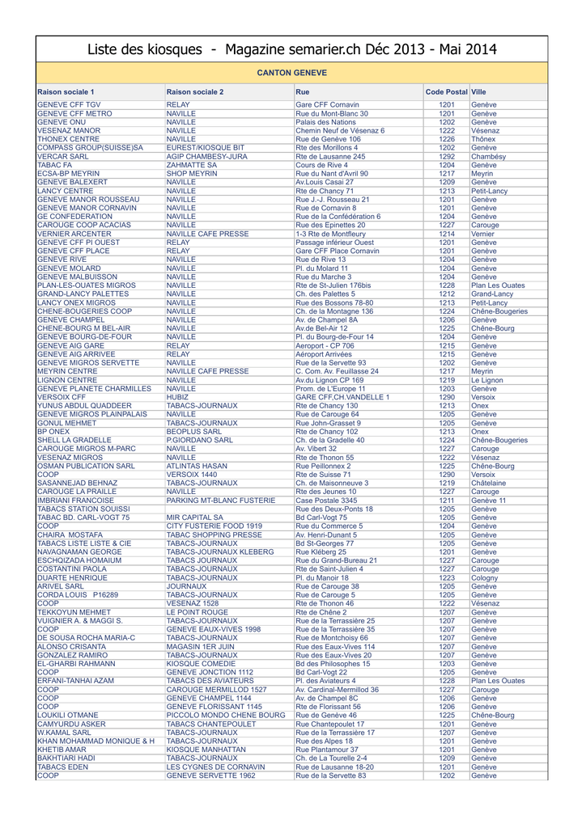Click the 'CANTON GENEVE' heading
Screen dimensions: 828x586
tap(292, 73)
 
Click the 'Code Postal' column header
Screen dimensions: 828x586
tap(446, 92)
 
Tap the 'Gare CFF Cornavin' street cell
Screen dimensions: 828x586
tap(327, 105)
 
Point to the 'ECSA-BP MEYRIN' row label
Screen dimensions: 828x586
tap(69, 174)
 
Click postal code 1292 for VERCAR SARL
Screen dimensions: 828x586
tap(447, 157)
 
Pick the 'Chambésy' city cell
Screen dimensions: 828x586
tap(488, 157)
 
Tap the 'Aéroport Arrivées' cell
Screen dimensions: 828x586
tap(324, 354)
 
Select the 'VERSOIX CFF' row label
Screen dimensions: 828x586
tap(62, 397)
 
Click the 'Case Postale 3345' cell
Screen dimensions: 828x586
tap(326, 501)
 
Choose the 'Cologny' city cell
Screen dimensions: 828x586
tap(485, 578)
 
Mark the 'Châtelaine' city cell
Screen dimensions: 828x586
tap(489, 483)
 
